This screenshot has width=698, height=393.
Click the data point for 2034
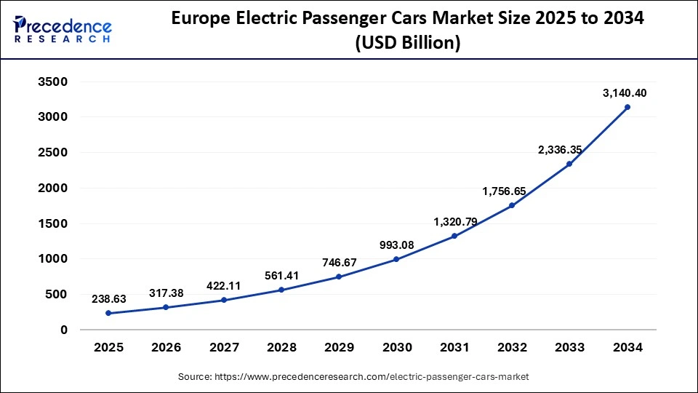click(x=627, y=107)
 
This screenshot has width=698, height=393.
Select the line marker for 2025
click(x=108, y=313)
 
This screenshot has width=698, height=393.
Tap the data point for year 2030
click(x=397, y=259)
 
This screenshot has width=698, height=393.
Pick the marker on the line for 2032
click(x=512, y=205)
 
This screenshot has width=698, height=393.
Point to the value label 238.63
click(x=108, y=298)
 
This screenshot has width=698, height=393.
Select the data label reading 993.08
click(x=396, y=245)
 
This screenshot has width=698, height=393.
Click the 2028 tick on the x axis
click(x=281, y=348)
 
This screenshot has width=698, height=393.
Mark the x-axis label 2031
click(x=454, y=348)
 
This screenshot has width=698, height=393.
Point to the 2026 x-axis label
click(x=166, y=348)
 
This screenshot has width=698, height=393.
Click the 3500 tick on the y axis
click(x=52, y=82)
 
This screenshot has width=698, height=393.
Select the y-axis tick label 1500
click(x=52, y=223)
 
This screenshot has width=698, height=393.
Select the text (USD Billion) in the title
click(x=407, y=44)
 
